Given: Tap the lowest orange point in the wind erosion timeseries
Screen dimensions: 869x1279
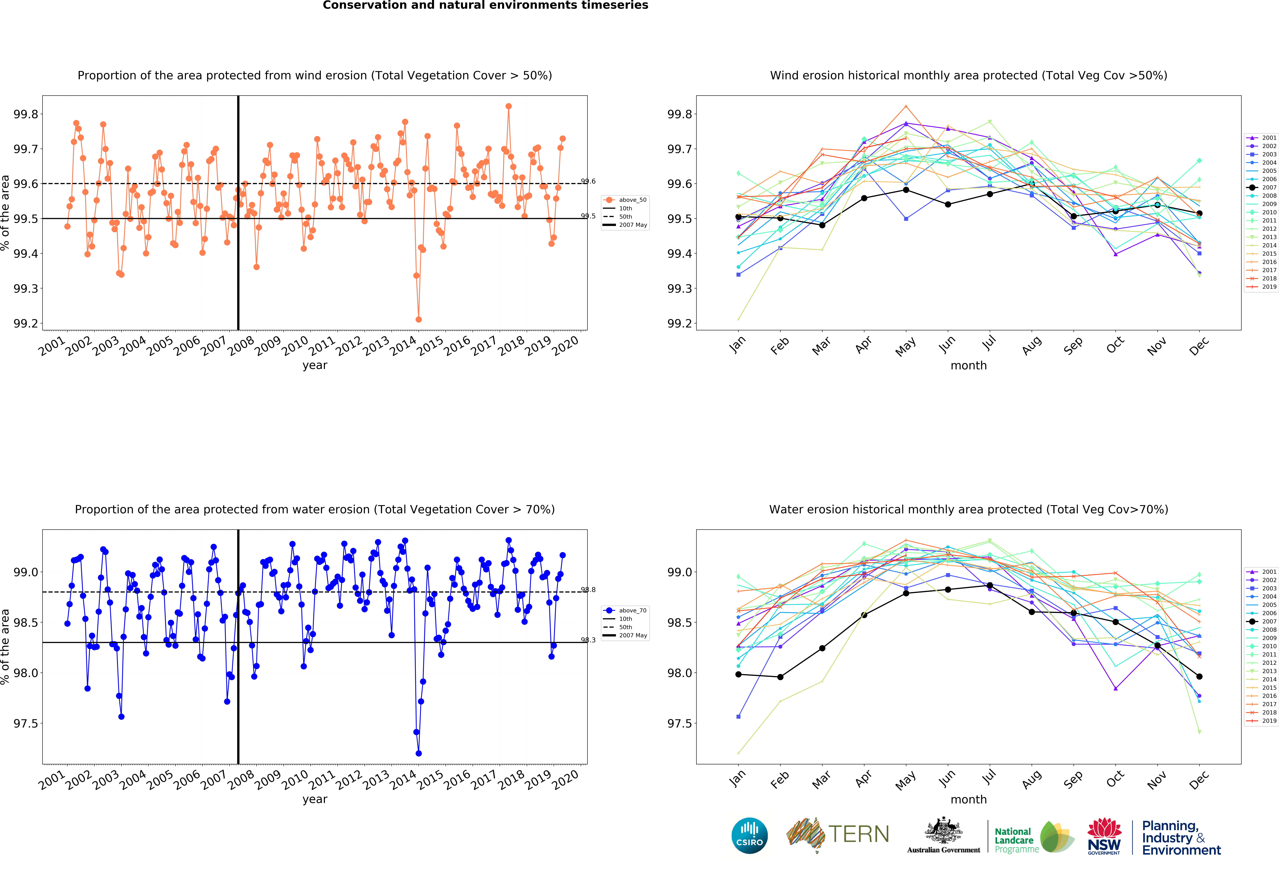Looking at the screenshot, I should coord(419,319).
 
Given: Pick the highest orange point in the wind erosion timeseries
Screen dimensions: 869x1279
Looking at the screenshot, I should coord(508,106).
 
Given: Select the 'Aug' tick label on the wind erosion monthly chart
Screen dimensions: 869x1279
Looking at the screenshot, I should coord(1032,345).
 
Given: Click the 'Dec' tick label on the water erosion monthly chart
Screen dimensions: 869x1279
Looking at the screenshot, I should coord(1199,779).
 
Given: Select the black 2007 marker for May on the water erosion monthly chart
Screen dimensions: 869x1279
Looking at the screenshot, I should coord(906,593).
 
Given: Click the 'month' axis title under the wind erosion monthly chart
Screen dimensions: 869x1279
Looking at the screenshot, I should coord(969,365).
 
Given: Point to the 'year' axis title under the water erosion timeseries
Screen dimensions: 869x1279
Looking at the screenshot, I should coord(315,799).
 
